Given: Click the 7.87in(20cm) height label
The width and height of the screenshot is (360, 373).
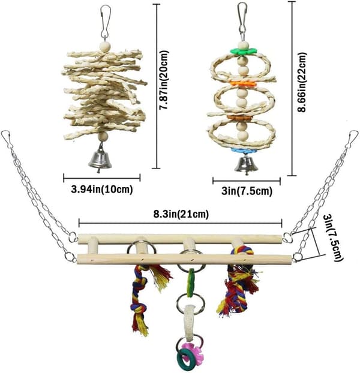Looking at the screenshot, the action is click(x=164, y=80).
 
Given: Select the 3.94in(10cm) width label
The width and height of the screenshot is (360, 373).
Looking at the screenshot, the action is click(x=102, y=189).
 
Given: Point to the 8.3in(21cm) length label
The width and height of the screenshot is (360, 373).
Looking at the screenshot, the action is click(x=181, y=214).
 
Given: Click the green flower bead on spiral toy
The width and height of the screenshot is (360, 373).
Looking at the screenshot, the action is click(x=244, y=51).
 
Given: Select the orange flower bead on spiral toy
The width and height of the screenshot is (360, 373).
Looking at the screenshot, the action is click(x=243, y=84).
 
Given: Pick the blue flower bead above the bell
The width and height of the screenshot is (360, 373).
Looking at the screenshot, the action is click(x=244, y=151).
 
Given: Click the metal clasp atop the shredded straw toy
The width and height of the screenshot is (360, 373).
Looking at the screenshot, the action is click(x=106, y=22).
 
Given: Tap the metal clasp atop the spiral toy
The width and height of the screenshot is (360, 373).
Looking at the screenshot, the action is click(x=242, y=20).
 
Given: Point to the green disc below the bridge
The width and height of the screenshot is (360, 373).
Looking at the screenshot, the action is click(x=190, y=283).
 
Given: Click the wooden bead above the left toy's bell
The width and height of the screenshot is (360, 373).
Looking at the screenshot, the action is click(x=103, y=137).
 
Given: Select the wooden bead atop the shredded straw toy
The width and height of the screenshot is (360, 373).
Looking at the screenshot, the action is click(x=105, y=46).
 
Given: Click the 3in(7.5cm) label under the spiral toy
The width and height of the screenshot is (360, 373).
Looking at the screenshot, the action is click(x=247, y=191).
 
